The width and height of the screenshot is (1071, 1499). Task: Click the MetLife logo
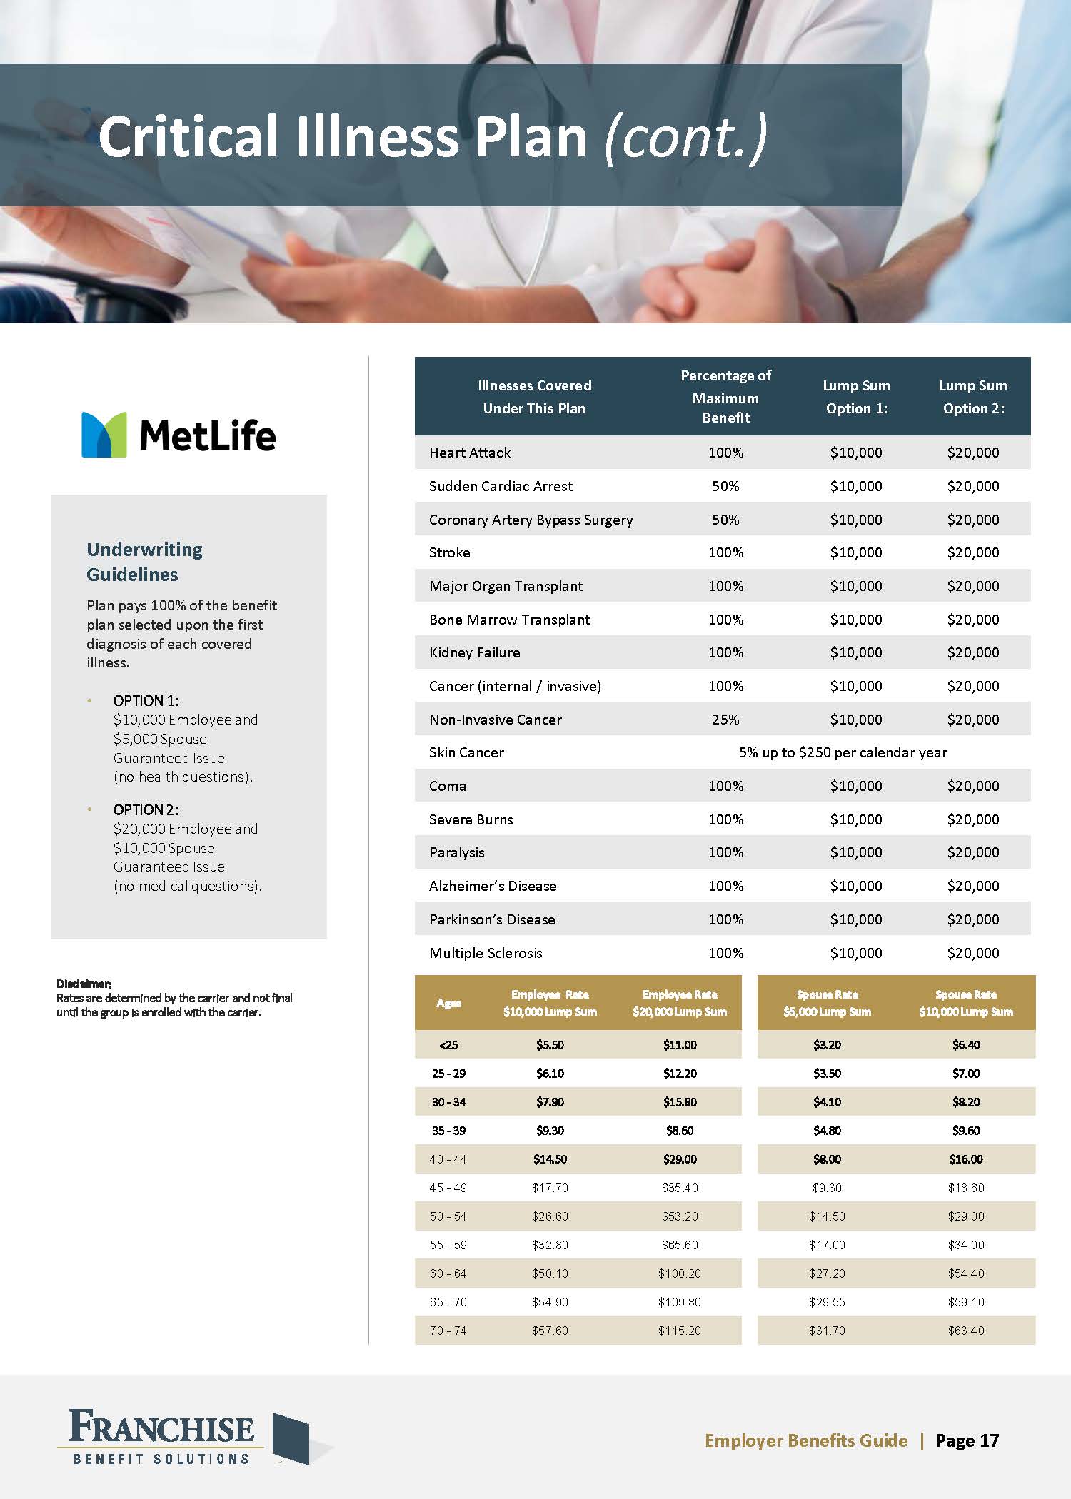178,435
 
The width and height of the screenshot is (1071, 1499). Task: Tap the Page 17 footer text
967,1440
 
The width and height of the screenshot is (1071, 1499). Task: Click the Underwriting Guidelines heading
144,562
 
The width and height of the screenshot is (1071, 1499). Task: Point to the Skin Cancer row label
466,752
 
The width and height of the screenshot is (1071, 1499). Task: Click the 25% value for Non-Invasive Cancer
725,720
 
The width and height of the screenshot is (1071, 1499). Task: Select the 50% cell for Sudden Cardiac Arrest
725,486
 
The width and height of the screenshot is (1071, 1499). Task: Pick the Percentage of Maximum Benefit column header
725,396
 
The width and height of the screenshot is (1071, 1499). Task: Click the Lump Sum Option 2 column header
973,396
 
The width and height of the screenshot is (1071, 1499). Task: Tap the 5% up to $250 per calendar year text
843,752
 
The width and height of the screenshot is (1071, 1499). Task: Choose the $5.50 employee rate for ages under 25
550,1045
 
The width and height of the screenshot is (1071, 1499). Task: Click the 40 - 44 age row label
448,1159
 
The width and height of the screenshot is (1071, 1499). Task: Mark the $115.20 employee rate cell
679,1331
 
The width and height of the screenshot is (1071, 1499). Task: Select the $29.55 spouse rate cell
827,1302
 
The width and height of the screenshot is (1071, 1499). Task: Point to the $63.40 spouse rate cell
966,1331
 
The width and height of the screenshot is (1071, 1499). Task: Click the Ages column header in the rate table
448,1003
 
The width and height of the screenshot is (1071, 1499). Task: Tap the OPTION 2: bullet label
146,809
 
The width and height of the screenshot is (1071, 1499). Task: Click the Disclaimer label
84,984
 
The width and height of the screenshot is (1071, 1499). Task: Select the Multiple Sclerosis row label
486,953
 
